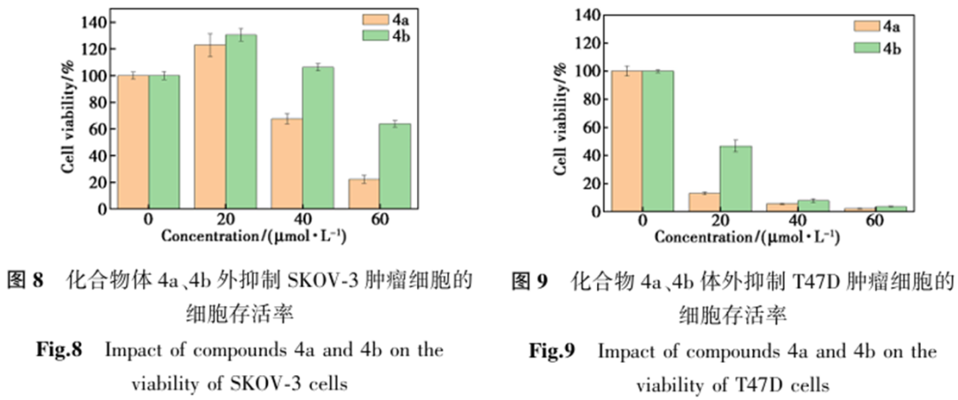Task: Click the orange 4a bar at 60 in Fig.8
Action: click(x=363, y=194)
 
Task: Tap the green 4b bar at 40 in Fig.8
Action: click(x=317, y=137)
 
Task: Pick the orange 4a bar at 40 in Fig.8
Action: click(x=287, y=163)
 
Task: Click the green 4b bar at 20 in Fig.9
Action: click(x=735, y=178)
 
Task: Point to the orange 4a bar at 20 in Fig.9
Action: click(x=704, y=201)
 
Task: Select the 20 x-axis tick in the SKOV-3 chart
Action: click(x=225, y=221)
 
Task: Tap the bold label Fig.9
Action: click(x=552, y=351)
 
